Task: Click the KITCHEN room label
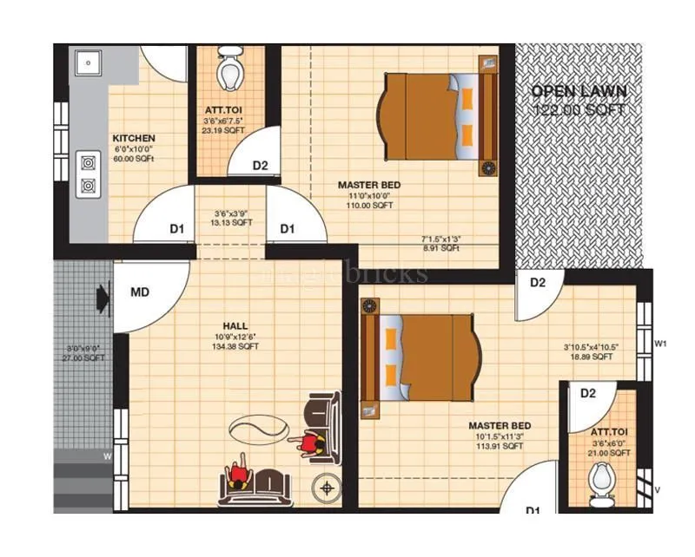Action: point(134,138)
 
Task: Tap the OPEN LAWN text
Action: point(579,91)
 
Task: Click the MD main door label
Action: point(140,292)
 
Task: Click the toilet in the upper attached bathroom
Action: point(230,71)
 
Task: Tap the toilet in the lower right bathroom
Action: point(601,482)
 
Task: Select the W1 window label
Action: point(660,344)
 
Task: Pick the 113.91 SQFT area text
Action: point(499,447)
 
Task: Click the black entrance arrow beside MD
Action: point(103,298)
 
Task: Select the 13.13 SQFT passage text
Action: point(233,222)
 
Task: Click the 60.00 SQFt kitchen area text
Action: point(134,159)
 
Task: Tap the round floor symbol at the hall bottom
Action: point(328,489)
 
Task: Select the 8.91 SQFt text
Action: point(441,248)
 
